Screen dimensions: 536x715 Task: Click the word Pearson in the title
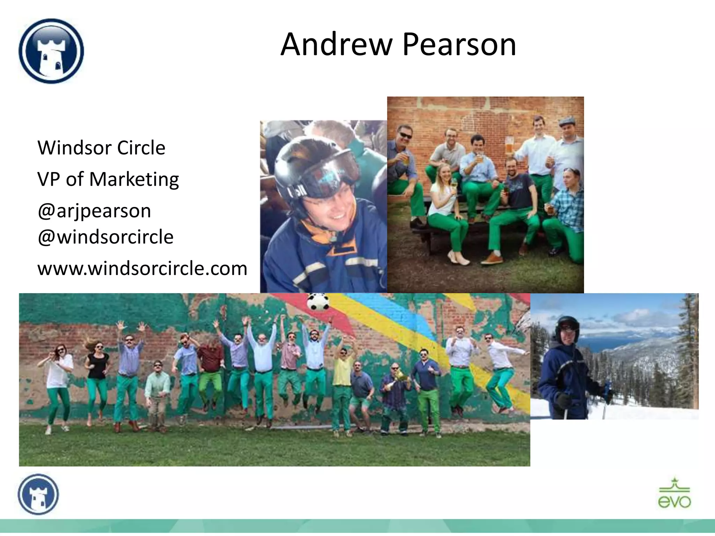[x=459, y=44]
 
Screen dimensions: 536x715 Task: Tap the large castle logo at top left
[x=51, y=51]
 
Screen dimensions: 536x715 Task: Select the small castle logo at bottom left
[x=38, y=494]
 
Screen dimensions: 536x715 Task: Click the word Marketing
[x=134, y=179]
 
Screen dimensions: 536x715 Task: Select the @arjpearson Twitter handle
[x=94, y=211]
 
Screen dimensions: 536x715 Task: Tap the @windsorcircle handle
[x=105, y=237]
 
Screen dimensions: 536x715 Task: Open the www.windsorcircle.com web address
[x=142, y=268]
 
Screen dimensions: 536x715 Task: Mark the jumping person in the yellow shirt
[x=342, y=377]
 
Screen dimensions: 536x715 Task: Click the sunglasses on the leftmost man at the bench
[x=405, y=135]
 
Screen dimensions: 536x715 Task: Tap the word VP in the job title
[x=49, y=179]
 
